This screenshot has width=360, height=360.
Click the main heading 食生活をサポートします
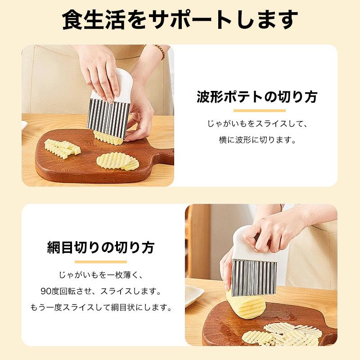(180, 20)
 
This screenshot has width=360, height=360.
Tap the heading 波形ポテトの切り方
(257, 97)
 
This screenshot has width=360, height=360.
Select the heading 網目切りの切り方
(100, 247)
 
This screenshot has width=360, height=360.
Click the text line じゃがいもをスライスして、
(257, 124)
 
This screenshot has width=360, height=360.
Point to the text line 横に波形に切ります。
(257, 140)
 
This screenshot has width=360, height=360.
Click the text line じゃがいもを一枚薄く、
(101, 275)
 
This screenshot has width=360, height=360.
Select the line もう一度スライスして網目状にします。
(101, 307)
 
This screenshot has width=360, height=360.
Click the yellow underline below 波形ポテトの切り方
(260, 111)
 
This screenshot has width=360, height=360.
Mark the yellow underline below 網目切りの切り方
(100, 262)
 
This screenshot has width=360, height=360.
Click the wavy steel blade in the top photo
(108, 119)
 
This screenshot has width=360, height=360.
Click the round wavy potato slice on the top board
(117, 161)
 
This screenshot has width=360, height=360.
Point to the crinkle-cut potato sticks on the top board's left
(62, 148)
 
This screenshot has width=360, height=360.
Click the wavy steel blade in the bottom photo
(254, 277)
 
